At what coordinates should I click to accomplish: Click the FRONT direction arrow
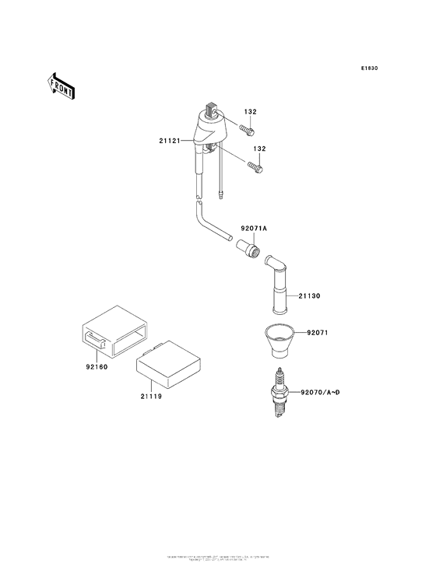[x=61, y=85]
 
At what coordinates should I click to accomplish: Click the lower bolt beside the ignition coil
[x=255, y=165]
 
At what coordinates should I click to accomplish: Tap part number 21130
[x=308, y=296]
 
